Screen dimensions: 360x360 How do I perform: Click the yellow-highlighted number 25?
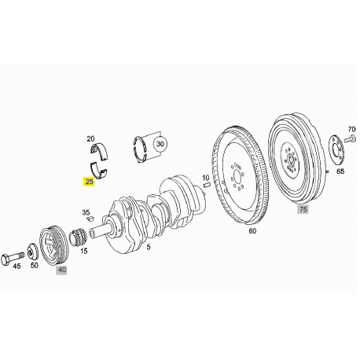(x=90, y=182)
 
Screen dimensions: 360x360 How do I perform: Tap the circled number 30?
(x=160, y=144)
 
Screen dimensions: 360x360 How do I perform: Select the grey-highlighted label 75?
(x=303, y=209)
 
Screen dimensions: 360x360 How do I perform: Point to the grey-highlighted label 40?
(x=62, y=270)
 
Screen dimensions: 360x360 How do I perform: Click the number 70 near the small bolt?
(x=351, y=129)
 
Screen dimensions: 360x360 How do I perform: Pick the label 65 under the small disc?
(x=340, y=171)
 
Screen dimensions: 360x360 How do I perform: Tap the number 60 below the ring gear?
(x=252, y=231)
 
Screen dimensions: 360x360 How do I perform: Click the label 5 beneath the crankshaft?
(x=149, y=247)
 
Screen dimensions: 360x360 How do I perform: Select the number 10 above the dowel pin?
(x=206, y=178)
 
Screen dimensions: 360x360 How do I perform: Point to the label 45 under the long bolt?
(x=17, y=266)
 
